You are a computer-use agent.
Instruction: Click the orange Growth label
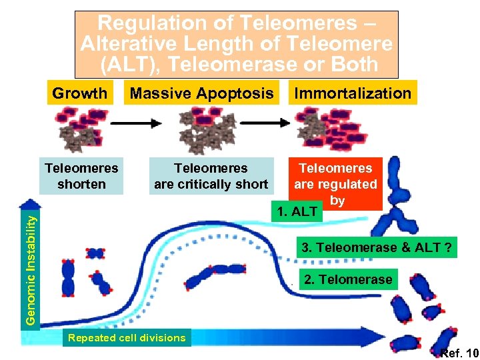(x=79, y=93)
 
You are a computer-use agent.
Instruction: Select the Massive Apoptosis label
(x=201, y=93)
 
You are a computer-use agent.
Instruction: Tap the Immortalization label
(x=353, y=93)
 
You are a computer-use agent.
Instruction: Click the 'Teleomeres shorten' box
(x=81, y=176)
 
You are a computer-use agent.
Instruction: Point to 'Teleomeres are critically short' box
(x=211, y=176)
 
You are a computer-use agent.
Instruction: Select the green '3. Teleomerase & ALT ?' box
(x=377, y=248)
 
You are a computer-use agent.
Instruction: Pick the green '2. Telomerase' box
(x=348, y=279)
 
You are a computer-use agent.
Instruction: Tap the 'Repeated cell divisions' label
(x=127, y=337)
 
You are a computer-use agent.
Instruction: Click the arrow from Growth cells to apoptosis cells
(x=135, y=123)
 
